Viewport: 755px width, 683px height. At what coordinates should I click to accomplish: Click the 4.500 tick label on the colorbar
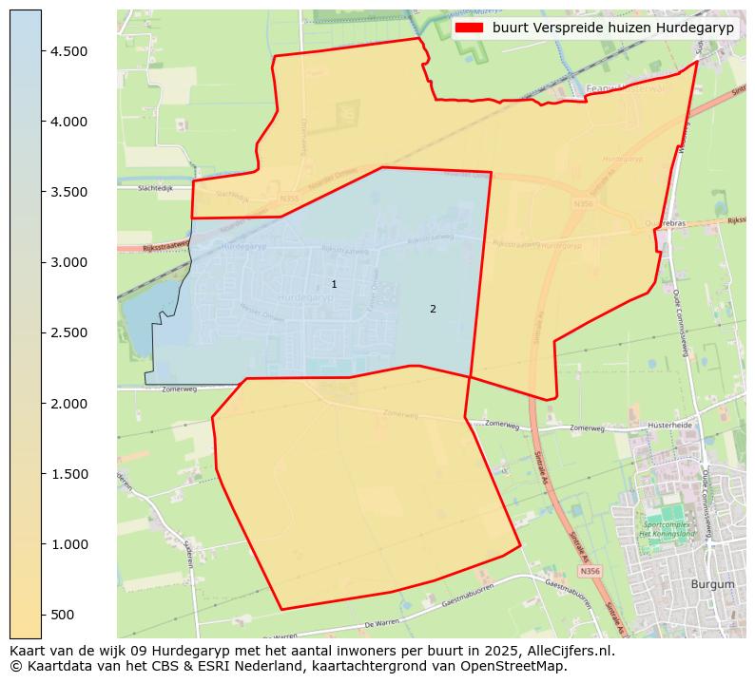68,51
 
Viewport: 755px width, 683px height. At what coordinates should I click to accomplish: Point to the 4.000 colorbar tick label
68,122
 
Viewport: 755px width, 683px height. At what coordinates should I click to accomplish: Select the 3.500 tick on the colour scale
68,192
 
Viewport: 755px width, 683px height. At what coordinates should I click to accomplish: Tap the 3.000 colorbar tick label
68,262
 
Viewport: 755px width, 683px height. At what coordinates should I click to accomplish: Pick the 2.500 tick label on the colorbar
68,332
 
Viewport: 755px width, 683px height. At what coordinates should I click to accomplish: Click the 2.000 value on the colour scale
68,404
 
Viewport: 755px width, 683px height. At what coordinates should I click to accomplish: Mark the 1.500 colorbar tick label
68,474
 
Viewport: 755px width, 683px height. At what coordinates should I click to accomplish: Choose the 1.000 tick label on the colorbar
68,544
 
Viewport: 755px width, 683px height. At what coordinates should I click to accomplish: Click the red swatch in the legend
469,28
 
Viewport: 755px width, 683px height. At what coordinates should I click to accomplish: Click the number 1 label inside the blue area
334,284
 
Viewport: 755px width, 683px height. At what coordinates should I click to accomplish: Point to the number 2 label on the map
433,309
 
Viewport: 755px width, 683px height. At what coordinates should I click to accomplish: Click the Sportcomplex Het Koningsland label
670,529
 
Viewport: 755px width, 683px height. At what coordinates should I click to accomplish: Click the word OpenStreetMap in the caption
522,666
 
